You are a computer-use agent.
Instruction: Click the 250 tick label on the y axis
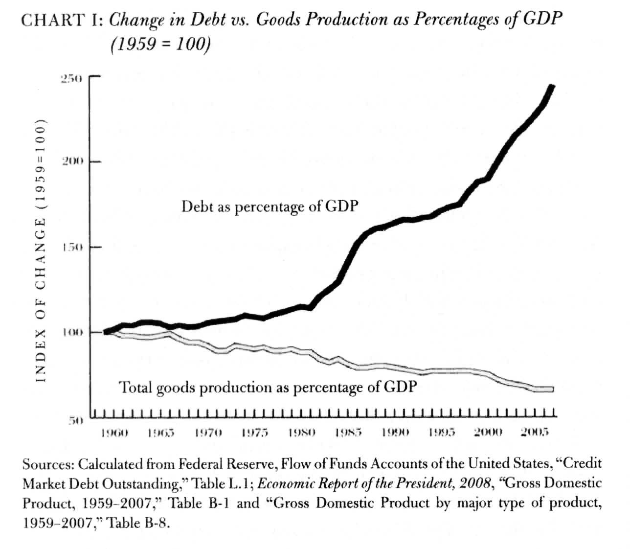72,79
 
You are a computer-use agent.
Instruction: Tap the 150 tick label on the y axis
72,248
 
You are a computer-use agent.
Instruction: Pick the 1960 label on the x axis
113,433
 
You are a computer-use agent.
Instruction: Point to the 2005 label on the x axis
535,433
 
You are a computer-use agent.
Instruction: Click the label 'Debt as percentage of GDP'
270,206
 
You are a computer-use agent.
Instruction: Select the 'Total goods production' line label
268,388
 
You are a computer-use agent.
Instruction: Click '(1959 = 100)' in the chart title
161,45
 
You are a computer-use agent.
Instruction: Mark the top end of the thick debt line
552,87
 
